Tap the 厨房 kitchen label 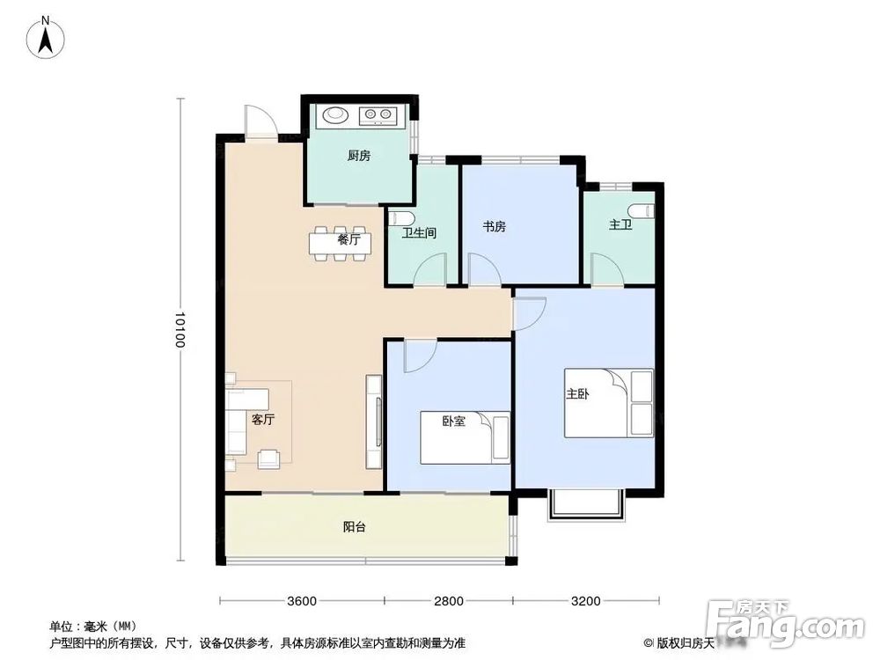358,156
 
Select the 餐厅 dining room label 348,238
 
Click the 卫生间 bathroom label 419,233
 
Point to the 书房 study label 494,226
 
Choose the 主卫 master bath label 620,226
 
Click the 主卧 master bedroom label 577,394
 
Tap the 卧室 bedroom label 453,421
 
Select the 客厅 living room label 263,420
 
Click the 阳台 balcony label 355,528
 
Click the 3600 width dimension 302,602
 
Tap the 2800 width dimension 449,602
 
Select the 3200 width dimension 584,602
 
